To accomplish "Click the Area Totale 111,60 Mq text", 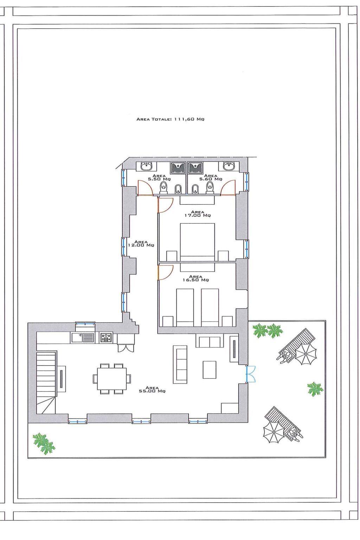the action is pyautogui.click(x=170, y=119).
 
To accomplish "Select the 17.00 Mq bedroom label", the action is pyautogui.click(x=198, y=214).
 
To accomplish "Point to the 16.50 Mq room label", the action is pyautogui.click(x=195, y=278).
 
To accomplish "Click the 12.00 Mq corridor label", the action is pyautogui.click(x=141, y=244).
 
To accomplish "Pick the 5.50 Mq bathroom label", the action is pyautogui.click(x=159, y=178).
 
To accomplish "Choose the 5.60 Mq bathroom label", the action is pyautogui.click(x=211, y=178).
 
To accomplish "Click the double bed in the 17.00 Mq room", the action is pyautogui.click(x=198, y=242).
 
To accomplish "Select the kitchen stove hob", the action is pyautogui.click(x=106, y=337).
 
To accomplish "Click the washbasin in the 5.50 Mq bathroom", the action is pyautogui.click(x=147, y=166).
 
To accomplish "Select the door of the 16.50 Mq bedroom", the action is pyautogui.click(x=165, y=272).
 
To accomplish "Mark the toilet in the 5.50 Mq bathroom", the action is pyautogui.click(x=163, y=187).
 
